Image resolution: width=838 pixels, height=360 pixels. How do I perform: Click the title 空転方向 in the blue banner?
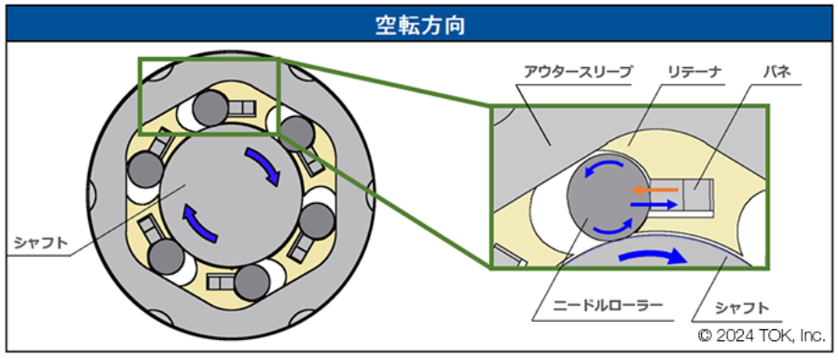(420, 25)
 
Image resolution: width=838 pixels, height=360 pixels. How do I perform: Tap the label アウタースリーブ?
(579, 71)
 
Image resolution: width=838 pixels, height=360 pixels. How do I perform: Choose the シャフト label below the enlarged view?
(743, 308)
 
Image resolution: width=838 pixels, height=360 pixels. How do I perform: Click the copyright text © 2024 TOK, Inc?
(762, 336)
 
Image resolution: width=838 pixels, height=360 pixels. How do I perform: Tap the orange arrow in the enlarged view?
(654, 190)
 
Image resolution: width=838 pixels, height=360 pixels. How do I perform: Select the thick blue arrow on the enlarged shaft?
(652, 258)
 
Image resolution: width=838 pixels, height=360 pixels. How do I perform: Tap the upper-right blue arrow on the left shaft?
(264, 166)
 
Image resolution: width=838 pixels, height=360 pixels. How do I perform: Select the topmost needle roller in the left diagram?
(210, 107)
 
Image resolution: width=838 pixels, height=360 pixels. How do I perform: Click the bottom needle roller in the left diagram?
(252, 281)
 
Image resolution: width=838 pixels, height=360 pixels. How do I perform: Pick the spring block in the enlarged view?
(698, 196)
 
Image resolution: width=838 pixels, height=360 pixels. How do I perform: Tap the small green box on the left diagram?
(209, 95)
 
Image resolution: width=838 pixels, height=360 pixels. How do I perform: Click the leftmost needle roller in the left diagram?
(145, 170)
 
